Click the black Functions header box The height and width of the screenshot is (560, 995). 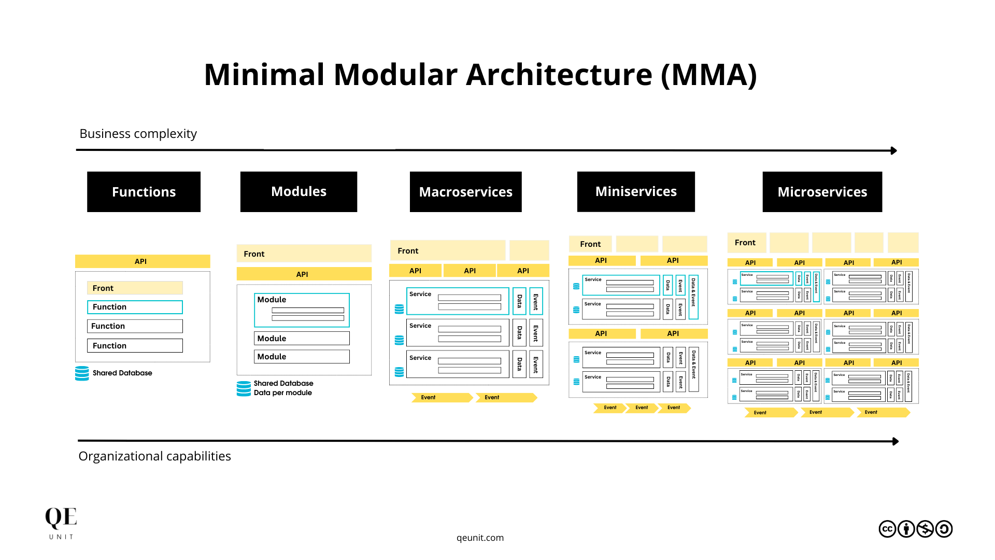point(144,192)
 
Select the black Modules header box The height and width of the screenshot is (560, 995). point(298,192)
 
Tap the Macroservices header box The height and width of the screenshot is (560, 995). point(465,192)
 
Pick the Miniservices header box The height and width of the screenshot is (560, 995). point(636,192)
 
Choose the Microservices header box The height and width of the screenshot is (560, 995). point(822,192)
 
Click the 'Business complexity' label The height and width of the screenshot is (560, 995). point(138,134)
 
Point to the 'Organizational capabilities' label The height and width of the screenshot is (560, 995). point(154,456)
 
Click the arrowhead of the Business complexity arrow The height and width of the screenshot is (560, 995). point(893,150)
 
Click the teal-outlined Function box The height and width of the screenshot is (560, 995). point(135,307)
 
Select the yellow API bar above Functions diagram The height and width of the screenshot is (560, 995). point(143,261)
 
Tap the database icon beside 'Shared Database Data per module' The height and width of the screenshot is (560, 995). point(244,388)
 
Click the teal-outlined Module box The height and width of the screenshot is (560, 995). point(302,310)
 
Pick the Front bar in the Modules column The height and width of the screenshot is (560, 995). point(304,254)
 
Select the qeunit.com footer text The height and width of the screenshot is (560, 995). point(480,538)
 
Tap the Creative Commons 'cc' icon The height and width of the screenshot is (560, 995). point(887,529)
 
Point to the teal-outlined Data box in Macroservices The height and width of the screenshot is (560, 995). point(519,301)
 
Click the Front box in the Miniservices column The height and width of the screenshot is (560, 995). point(590,244)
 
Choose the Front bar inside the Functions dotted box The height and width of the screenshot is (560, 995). point(135,288)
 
